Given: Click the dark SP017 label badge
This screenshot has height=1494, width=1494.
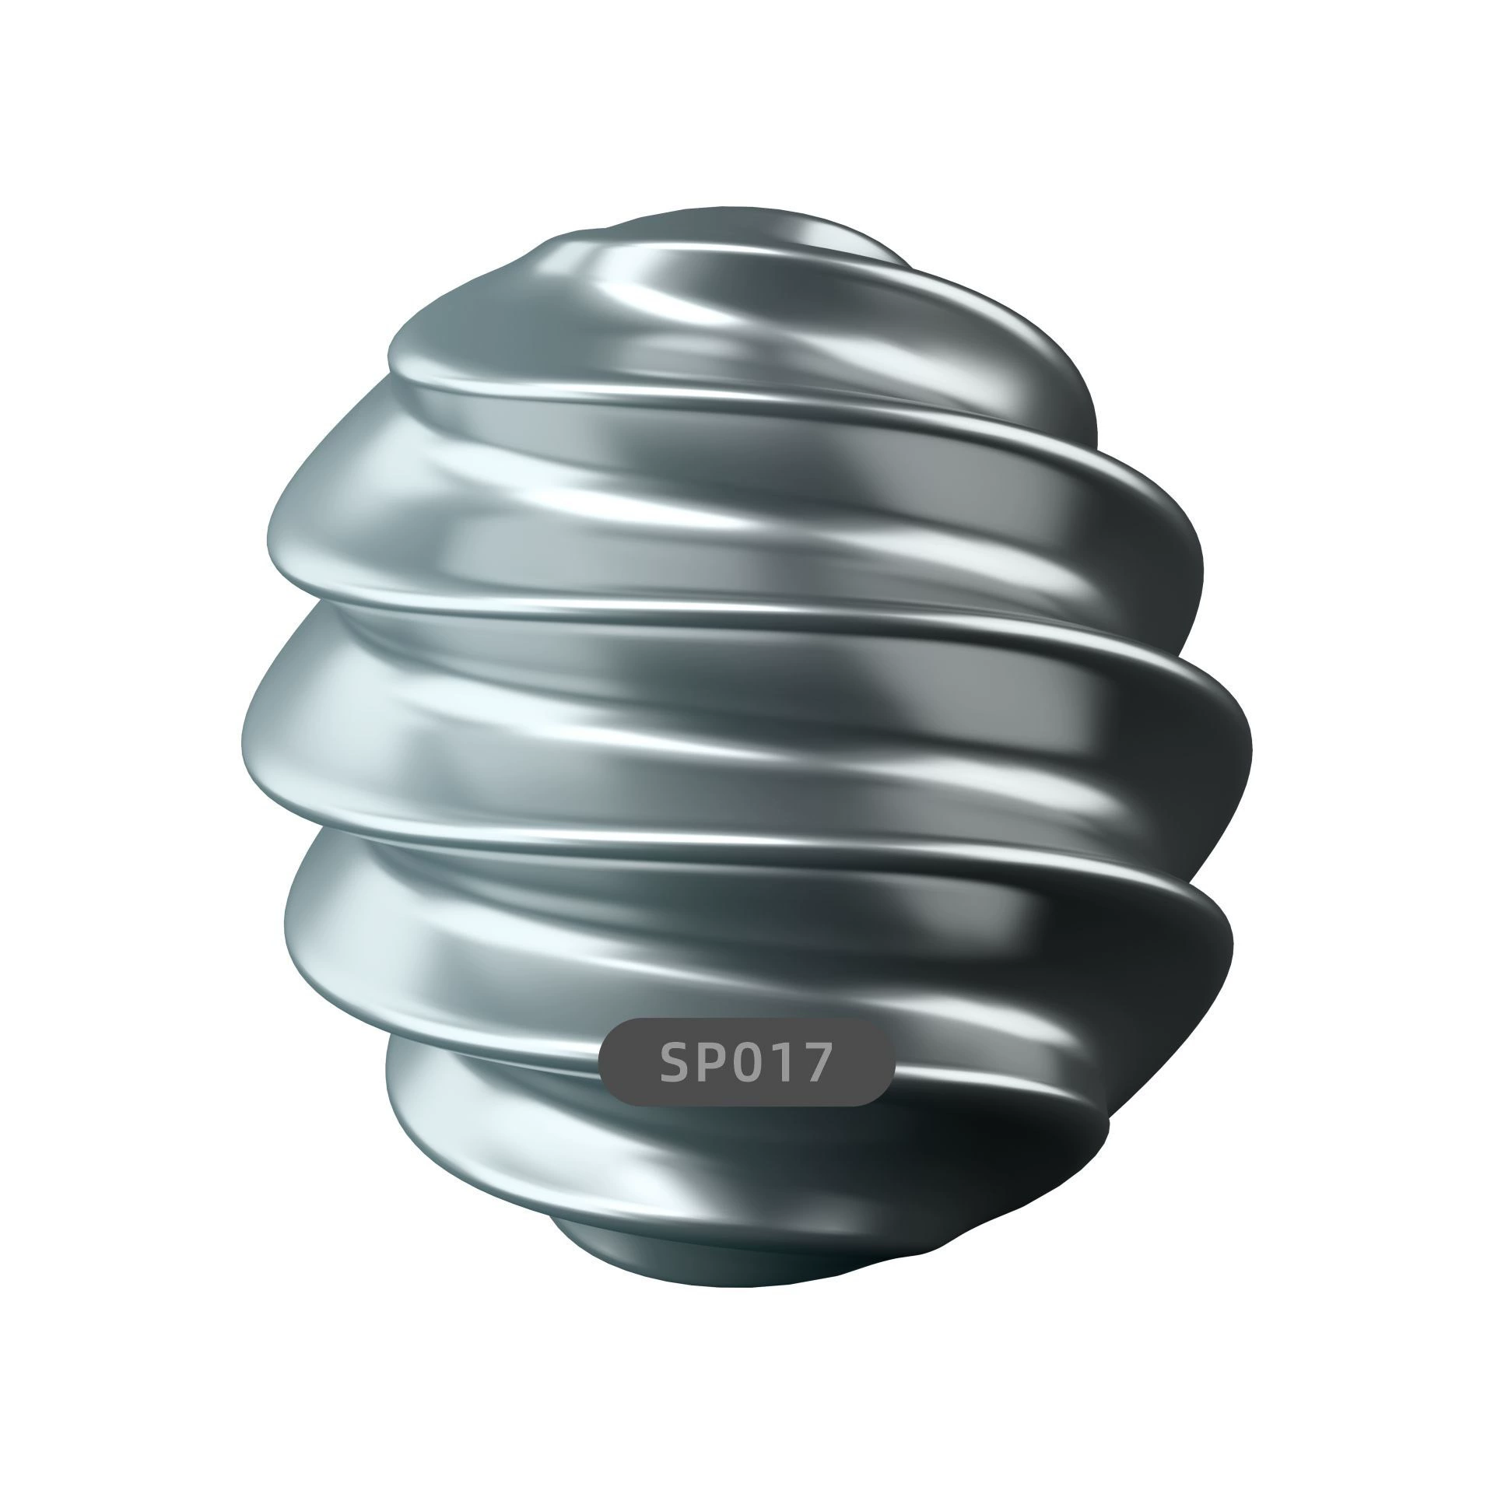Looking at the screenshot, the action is pyautogui.click(x=747, y=1062).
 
